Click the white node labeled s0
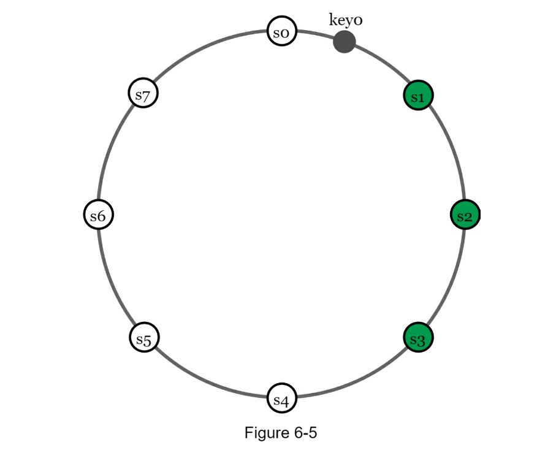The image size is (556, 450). (x=282, y=32)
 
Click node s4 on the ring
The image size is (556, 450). (x=282, y=400)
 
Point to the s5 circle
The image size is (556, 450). (x=144, y=338)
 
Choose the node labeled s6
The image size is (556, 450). (x=98, y=216)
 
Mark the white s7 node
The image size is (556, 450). (x=143, y=94)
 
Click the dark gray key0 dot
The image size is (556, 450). (x=344, y=42)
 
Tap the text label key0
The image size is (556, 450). (x=346, y=20)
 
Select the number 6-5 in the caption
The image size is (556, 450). (x=304, y=433)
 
